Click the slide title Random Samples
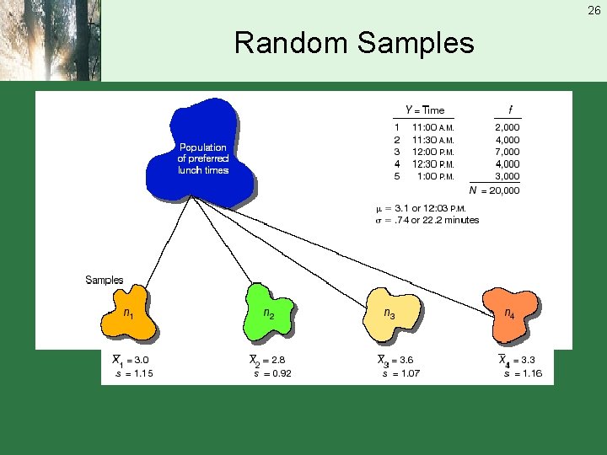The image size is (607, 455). pos(354,42)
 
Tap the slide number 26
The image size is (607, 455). pos(594,11)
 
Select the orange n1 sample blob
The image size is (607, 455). pos(128,314)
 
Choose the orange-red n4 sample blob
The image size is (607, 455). pos(509,314)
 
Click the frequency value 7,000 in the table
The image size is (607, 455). pos(507,153)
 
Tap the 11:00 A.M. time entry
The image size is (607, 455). pos(432,128)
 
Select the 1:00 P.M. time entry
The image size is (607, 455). pos(435,177)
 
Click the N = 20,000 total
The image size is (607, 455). pos(495,190)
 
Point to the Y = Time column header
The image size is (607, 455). pos(424,110)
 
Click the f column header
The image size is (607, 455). pos(509,110)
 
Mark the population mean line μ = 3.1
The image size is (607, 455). pos(420,208)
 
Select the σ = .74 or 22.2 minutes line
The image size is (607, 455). pos(427,220)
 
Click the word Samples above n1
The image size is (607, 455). pos(105,280)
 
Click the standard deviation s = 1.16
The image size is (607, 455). pos(523,373)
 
